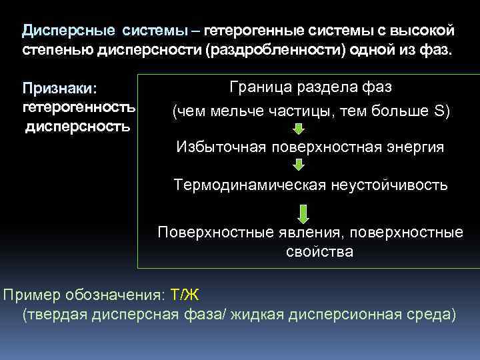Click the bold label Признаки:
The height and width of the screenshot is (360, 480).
point(59,89)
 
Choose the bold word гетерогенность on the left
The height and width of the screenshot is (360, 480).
point(79,107)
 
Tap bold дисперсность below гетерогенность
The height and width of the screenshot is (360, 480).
point(73,126)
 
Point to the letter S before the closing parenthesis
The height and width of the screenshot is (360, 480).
point(439,111)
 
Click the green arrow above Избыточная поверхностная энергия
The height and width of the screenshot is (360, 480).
point(299,128)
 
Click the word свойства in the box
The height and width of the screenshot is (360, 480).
point(310,252)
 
